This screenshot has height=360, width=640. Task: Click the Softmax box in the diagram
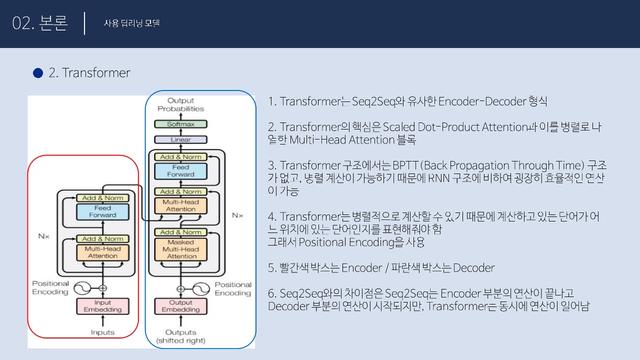pyautogui.click(x=180, y=124)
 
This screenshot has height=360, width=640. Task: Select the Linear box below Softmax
pyautogui.click(x=180, y=139)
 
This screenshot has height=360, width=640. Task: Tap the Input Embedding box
pyautogui.click(x=102, y=306)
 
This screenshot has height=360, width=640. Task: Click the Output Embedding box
pyautogui.click(x=180, y=306)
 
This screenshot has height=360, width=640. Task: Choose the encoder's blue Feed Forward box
pyautogui.click(x=102, y=211)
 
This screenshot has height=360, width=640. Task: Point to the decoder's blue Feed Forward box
pyautogui.click(x=180, y=171)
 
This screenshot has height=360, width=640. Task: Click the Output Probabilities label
pyautogui.click(x=180, y=104)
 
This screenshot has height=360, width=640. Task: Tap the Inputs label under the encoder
pyautogui.click(x=102, y=332)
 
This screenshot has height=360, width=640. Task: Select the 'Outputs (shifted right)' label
pyautogui.click(x=180, y=336)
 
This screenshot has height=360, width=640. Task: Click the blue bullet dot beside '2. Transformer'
pyautogui.click(x=38, y=73)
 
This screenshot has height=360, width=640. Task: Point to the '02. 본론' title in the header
pyautogui.click(x=40, y=23)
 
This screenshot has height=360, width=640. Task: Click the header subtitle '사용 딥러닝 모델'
pyautogui.click(x=131, y=23)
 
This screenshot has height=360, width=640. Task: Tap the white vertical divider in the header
pyautogui.click(x=84, y=23)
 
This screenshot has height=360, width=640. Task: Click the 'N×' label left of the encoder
pyautogui.click(x=44, y=236)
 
